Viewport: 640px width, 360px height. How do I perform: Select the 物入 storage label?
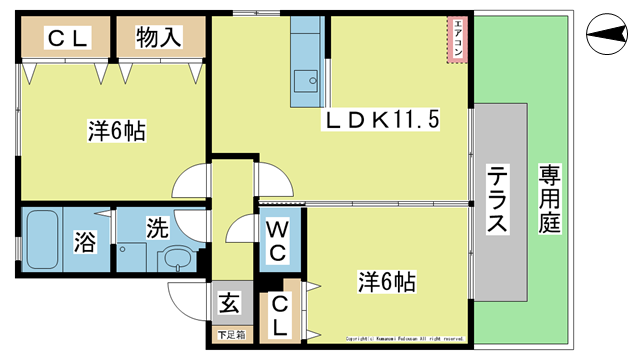click(159, 38)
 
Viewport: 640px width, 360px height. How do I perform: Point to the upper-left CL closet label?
click(65, 39)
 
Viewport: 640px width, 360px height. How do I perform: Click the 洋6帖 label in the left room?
click(116, 130)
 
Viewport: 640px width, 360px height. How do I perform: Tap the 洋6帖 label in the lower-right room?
click(388, 281)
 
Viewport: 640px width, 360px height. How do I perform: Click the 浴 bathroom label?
click(86, 241)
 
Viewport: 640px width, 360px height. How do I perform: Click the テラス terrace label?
click(497, 199)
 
